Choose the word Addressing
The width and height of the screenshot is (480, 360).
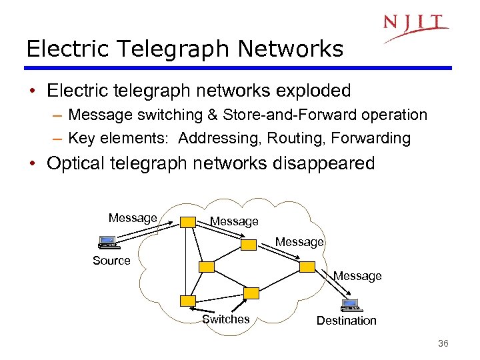pos(217,138)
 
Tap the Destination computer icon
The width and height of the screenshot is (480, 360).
pos(350,305)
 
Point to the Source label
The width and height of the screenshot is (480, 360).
pos(111,261)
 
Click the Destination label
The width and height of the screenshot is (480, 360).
pos(346,321)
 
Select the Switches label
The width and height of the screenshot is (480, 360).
pos(225,319)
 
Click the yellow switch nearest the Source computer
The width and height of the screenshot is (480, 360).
pos(188,222)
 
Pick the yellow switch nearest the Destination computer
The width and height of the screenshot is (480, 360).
pos(307,267)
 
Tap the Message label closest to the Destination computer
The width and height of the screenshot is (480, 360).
pos(357,276)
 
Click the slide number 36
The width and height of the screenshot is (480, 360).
pos(443,343)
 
